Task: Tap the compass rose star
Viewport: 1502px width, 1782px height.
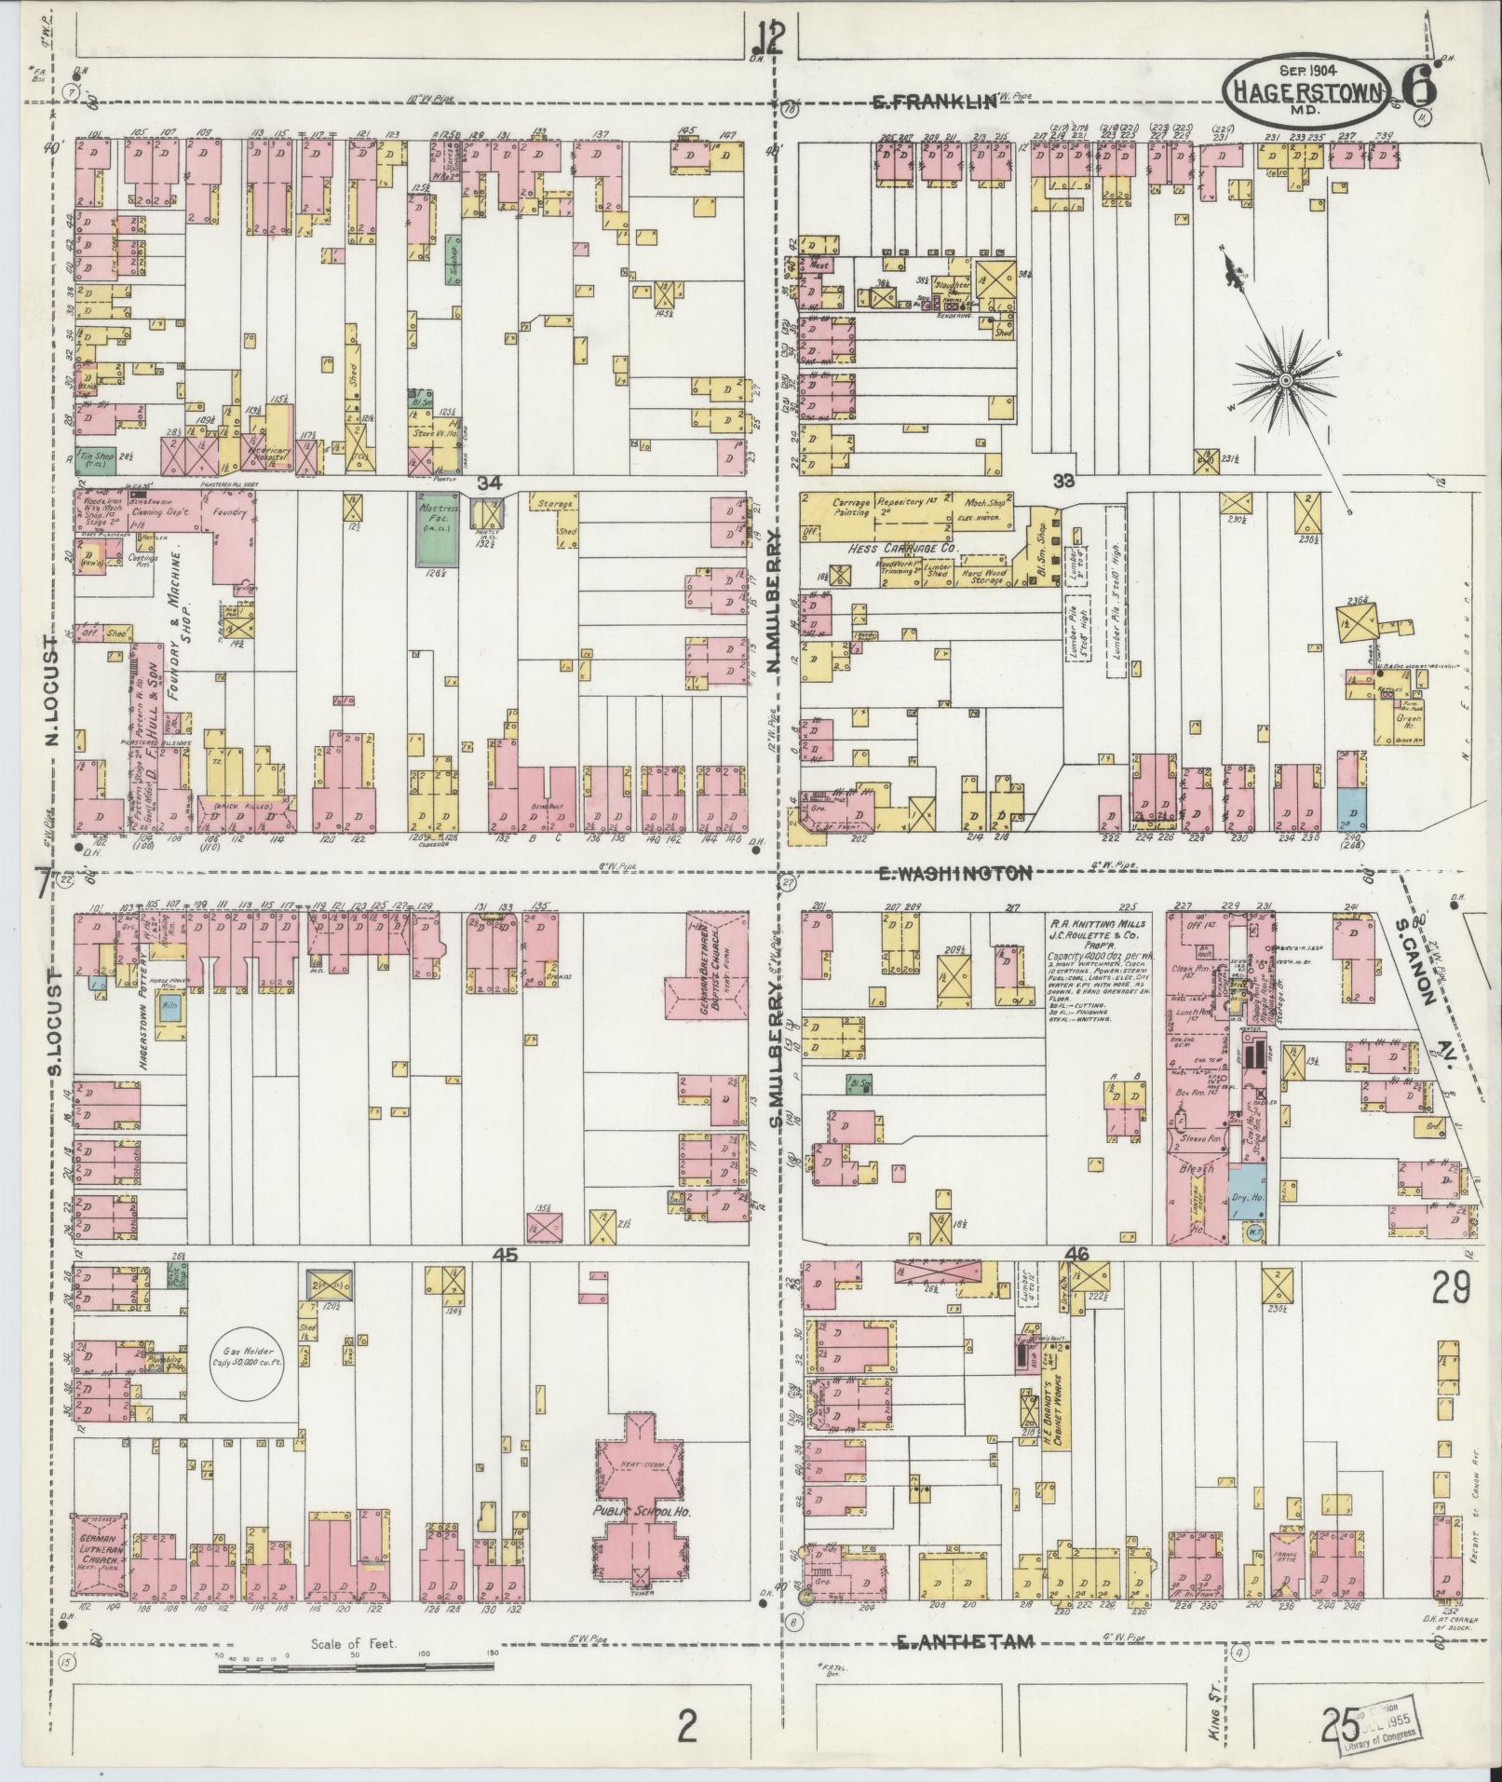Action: tap(1286, 379)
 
